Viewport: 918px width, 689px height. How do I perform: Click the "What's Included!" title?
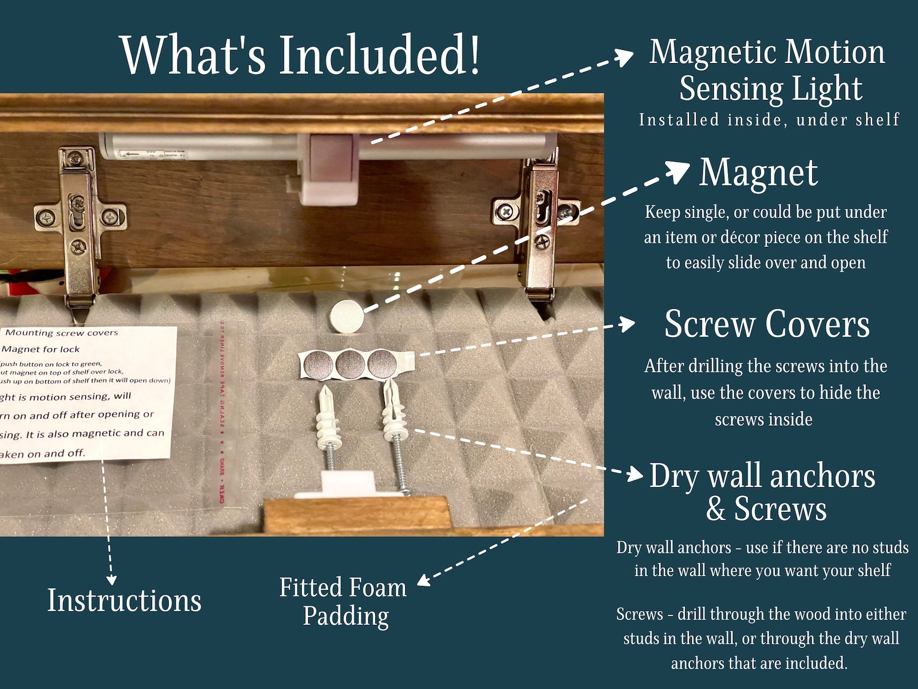pos(300,54)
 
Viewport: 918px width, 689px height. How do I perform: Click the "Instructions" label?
pos(124,600)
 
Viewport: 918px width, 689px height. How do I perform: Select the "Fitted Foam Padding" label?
pos(344,602)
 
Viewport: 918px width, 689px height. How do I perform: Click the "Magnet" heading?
pos(758,172)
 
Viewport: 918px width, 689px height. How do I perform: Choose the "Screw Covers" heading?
pos(767,324)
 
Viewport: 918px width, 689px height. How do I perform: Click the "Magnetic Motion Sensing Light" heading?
pos(768,71)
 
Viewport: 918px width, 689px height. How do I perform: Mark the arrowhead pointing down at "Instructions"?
pos(112,579)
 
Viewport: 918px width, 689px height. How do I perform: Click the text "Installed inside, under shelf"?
pos(769,120)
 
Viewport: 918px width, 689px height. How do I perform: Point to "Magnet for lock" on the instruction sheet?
pos(41,349)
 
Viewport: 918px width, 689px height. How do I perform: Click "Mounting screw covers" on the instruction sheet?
pos(61,333)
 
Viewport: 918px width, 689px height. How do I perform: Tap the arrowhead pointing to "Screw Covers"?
pos(628,324)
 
